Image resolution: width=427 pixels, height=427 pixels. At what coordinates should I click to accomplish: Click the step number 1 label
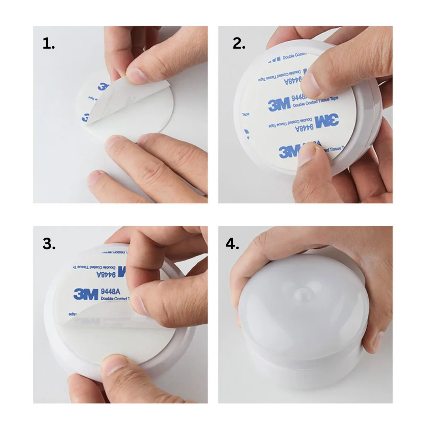click(49, 44)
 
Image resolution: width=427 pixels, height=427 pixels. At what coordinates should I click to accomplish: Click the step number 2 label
click(239, 44)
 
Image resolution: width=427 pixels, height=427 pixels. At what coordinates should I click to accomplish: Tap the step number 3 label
click(49, 244)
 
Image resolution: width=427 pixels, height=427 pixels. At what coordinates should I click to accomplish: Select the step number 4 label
click(232, 244)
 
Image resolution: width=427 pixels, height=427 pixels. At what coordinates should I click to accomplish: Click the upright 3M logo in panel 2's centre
click(279, 105)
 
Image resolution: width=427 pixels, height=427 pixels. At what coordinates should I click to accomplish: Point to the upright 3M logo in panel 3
click(86, 294)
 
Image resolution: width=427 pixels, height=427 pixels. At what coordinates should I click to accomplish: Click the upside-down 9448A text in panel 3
click(106, 274)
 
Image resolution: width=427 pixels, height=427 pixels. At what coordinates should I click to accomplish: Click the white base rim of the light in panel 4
click(304, 372)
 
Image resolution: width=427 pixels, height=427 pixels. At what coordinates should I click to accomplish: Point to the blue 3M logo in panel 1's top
click(104, 87)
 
